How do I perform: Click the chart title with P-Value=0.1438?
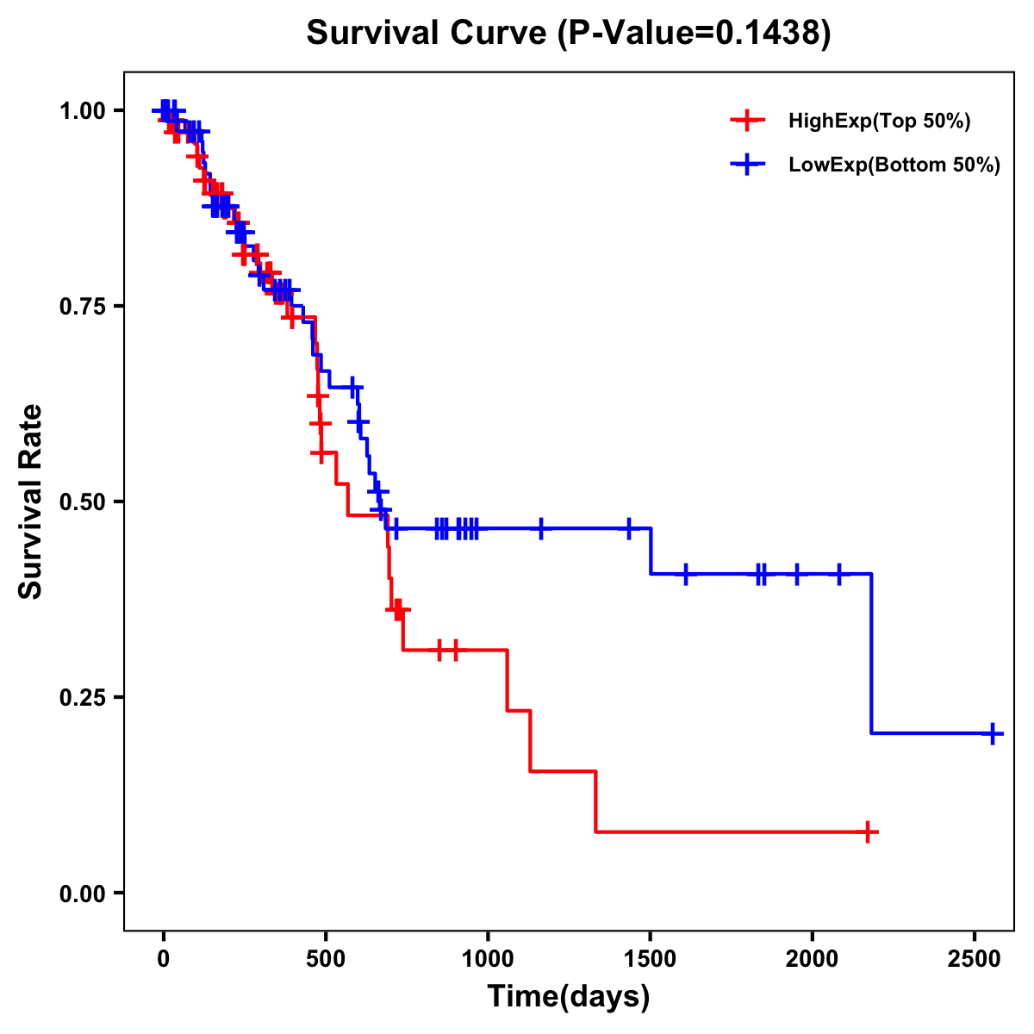[569, 34]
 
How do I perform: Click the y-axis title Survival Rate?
[31, 501]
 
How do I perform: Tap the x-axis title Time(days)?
[569, 997]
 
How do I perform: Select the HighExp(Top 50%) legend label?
[879, 121]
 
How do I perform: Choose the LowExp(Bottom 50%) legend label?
[894, 165]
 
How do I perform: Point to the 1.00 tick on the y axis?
[83, 111]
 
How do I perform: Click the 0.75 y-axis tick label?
[83, 307]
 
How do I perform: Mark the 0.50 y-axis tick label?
[83, 501]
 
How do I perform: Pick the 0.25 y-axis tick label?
[83, 697]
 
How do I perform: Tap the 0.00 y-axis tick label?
[83, 894]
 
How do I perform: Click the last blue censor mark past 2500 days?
[993, 733]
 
